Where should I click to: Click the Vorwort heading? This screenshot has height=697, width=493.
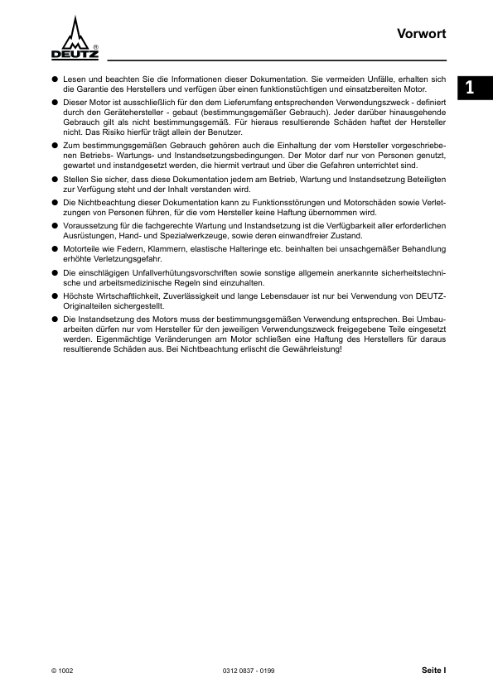[x=422, y=35]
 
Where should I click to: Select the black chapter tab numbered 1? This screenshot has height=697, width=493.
[x=471, y=87]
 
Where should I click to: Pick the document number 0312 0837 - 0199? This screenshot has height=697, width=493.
[x=248, y=671]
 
